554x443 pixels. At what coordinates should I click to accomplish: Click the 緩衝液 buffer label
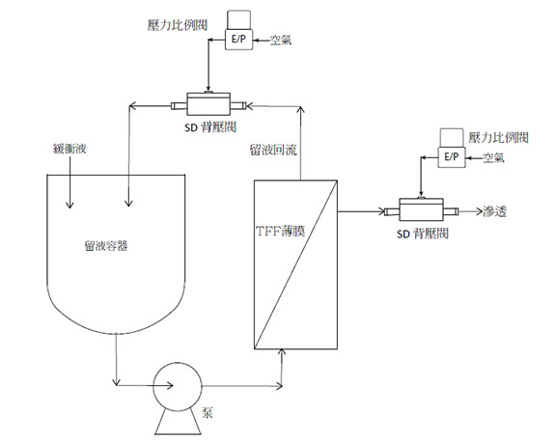click(69, 149)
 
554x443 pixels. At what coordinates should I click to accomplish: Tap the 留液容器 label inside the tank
click(106, 246)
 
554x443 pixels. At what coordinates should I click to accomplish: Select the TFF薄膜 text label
click(281, 232)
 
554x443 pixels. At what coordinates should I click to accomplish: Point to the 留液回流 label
click(273, 151)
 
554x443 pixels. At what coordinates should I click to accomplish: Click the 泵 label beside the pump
click(208, 413)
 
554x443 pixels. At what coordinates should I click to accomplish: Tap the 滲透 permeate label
click(494, 211)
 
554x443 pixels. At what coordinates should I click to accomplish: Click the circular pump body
click(178, 386)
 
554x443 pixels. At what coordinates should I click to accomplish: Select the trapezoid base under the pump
click(178, 423)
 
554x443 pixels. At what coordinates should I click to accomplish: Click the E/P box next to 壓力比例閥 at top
click(239, 40)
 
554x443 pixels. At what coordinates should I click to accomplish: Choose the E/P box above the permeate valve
click(452, 156)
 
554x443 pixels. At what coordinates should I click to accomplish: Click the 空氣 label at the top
click(281, 41)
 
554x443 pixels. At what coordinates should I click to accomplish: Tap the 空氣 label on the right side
click(493, 157)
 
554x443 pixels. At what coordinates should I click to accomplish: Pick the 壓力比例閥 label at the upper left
click(178, 25)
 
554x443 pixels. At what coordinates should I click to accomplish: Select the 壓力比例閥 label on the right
click(499, 137)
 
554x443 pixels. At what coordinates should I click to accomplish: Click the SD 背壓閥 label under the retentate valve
click(210, 127)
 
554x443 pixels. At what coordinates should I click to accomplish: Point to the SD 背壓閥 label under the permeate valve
click(423, 234)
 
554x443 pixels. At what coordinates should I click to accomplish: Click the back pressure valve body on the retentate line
click(208, 104)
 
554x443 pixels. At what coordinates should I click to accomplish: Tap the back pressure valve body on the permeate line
click(421, 209)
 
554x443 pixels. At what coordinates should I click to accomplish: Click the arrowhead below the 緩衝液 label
click(69, 205)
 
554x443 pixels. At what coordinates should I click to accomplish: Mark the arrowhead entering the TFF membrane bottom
click(282, 352)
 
